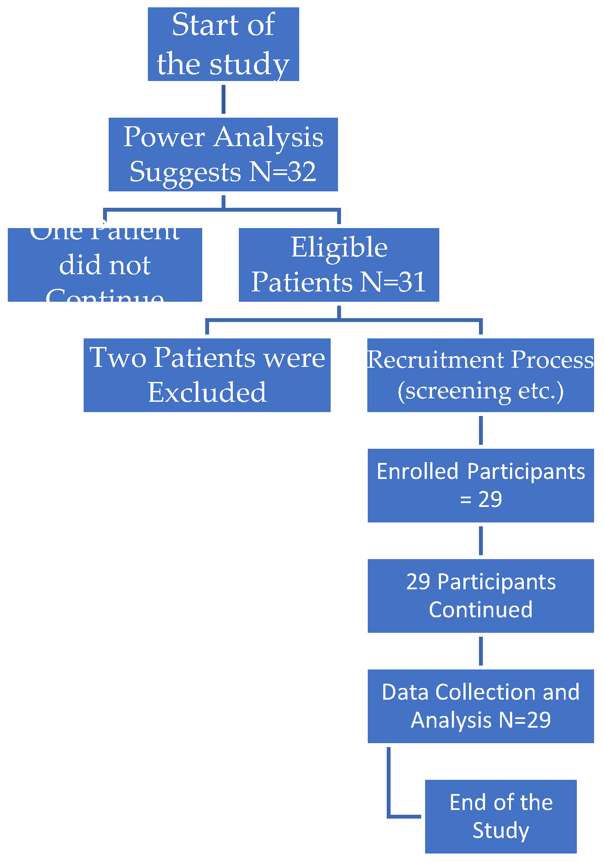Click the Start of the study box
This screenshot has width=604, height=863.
[223, 44]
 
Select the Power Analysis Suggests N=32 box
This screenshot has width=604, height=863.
[223, 154]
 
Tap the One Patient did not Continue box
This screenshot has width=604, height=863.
[105, 265]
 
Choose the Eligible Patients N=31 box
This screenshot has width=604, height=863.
[339, 265]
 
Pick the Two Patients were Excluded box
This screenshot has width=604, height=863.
[207, 375]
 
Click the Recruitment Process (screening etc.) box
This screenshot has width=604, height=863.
[480, 375]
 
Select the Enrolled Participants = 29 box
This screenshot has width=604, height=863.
[480, 485]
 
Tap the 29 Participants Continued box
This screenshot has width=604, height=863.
[480, 596]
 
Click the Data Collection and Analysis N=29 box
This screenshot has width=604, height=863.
[480, 706]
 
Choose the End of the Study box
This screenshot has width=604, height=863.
[501, 816]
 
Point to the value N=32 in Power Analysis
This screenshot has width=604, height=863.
[283, 172]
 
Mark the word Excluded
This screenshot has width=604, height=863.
[207, 392]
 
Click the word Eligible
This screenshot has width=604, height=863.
[339, 247]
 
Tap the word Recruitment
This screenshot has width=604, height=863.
[435, 360]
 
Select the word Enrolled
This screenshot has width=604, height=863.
[417, 472]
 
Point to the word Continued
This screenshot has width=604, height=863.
[480, 610]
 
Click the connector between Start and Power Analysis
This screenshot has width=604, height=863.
[223, 99]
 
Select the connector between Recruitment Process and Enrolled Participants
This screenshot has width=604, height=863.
[481, 430]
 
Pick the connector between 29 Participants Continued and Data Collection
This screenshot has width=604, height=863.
[481, 651]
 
